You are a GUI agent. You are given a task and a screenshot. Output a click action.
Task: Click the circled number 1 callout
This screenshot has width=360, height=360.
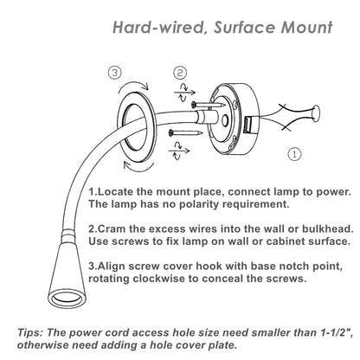point(294,154)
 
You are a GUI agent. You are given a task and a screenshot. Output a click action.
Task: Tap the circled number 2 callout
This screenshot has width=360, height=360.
point(180,73)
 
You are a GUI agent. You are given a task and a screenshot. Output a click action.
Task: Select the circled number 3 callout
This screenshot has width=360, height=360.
point(115,73)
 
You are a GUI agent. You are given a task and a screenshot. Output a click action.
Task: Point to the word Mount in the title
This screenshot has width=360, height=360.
point(307,28)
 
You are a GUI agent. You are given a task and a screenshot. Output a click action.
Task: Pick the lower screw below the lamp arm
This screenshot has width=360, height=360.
point(186,132)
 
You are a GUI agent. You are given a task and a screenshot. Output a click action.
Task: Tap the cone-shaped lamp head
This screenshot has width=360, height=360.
point(67,276)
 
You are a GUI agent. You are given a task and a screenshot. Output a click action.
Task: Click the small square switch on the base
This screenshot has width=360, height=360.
point(247,125)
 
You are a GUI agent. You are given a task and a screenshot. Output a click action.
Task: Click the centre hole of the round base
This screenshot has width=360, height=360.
point(224,120)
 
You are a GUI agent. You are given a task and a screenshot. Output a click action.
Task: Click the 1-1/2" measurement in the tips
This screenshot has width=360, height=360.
point(337,332)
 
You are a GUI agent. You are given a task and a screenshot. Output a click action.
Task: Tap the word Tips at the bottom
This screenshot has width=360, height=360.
point(30,333)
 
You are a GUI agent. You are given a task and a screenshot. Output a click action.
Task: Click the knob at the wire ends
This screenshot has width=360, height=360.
point(315,112)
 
